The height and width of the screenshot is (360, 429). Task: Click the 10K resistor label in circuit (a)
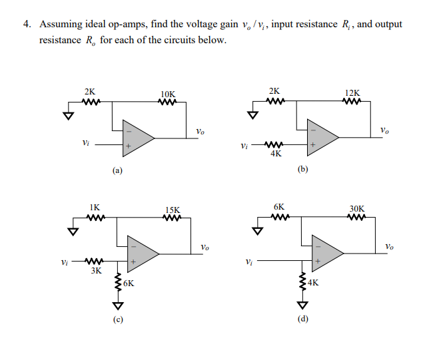click(x=169, y=94)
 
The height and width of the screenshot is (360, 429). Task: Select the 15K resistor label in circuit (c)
click(x=173, y=210)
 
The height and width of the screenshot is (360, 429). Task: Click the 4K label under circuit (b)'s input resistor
click(x=276, y=154)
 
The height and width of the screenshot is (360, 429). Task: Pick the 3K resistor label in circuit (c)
click(x=96, y=271)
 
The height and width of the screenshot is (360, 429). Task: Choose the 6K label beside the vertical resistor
click(x=128, y=282)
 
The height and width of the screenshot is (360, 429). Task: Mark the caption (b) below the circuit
click(x=303, y=170)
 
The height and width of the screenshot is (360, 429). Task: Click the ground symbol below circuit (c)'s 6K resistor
click(x=119, y=306)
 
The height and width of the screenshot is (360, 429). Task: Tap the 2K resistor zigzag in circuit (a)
click(x=90, y=103)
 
